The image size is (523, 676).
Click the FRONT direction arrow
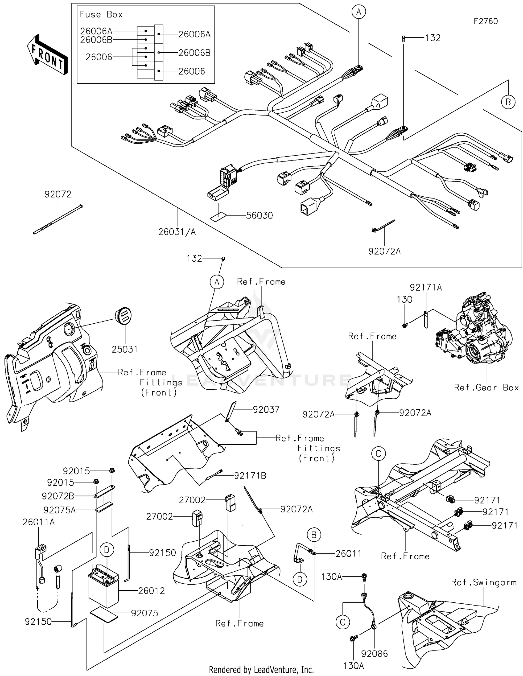coord(47,55)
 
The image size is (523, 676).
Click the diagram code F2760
coord(485,21)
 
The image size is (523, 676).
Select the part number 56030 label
coord(259,216)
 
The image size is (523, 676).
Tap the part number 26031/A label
coord(177,232)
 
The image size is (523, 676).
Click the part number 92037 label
coord(266,409)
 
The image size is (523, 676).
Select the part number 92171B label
coord(250,475)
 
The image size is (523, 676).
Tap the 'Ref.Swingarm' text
coord(484,582)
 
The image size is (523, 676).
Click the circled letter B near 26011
coord(313,535)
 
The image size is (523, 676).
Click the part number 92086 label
coord(374,653)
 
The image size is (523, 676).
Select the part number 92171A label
coord(426,287)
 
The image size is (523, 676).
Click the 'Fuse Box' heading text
coord(101,15)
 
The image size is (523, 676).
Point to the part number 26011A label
coord(38,522)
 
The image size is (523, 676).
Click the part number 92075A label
coord(59,510)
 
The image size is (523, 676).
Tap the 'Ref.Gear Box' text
coord(486,388)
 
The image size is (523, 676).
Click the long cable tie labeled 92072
coord(58,219)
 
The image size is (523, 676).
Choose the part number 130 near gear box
coord(404,300)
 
